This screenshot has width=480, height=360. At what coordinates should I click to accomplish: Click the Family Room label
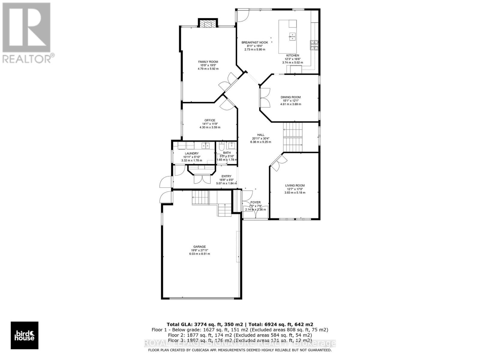click(x=208, y=62)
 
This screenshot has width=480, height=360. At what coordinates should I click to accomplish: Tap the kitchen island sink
click(x=292, y=36)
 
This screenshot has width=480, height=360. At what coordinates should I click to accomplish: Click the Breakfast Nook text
click(x=255, y=43)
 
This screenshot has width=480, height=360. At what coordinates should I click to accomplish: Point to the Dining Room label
click(x=290, y=97)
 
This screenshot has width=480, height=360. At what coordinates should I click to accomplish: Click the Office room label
click(x=210, y=120)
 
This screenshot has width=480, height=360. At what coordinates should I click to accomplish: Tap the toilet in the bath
click(x=221, y=146)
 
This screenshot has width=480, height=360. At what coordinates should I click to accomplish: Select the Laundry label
click(x=191, y=154)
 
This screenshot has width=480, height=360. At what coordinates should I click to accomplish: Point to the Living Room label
click(x=295, y=185)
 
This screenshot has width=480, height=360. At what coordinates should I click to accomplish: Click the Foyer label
click(x=255, y=202)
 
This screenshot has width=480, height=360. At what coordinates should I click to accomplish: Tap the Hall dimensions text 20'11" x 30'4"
click(x=260, y=138)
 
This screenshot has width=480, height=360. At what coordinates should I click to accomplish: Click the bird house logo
click(x=25, y=335)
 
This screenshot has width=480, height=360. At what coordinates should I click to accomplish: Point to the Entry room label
click(x=226, y=176)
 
